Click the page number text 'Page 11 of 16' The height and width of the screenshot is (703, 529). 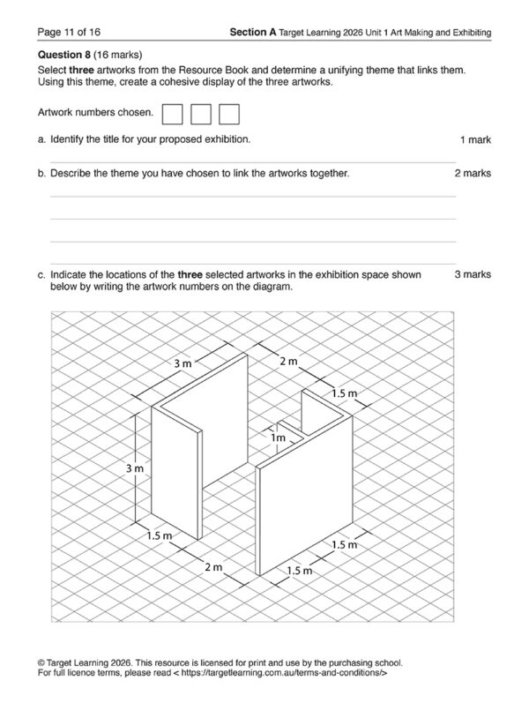[x=67, y=33]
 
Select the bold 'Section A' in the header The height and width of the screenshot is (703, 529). [x=252, y=33]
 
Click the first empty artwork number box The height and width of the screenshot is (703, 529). [x=173, y=114]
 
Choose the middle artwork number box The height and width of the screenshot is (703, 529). [x=201, y=114]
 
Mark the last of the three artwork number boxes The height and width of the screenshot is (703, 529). [x=229, y=114]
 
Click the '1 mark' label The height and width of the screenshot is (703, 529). [x=475, y=140]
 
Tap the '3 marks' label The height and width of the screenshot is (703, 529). [x=473, y=274]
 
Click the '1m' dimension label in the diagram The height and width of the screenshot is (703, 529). [x=279, y=438]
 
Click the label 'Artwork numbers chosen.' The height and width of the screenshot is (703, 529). [x=96, y=113]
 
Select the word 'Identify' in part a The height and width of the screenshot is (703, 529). [x=70, y=139]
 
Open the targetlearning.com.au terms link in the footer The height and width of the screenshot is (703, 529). [x=276, y=672]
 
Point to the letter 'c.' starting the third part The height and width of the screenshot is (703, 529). [x=41, y=274]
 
